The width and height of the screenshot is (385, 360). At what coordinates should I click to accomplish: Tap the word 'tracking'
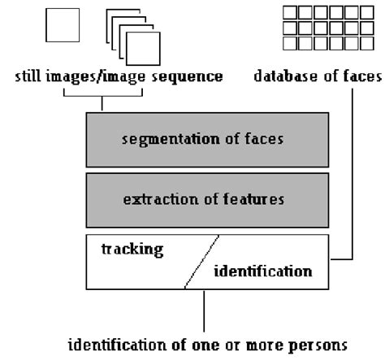pyautogui.click(x=131, y=249)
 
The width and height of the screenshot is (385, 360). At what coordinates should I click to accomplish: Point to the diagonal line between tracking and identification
pyautogui.click(x=201, y=262)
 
